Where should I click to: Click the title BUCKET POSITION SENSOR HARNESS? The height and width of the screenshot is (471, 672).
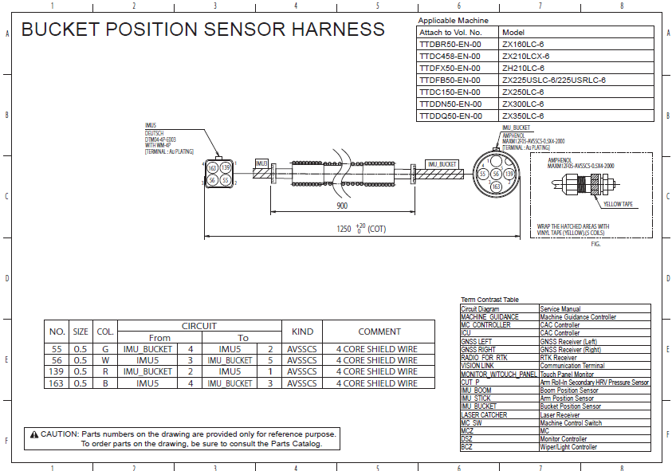(202, 30)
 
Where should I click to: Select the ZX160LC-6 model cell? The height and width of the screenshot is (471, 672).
(523, 45)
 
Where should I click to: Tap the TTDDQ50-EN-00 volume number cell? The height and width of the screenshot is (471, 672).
(450, 116)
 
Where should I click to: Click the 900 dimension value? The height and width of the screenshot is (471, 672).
(341, 206)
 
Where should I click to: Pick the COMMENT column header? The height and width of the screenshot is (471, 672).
(379, 332)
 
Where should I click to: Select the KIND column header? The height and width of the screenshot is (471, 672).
(302, 332)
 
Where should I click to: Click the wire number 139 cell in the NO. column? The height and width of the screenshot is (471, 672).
(57, 371)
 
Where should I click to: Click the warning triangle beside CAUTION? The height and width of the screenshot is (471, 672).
(34, 434)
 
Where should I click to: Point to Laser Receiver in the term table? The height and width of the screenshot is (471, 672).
(560, 414)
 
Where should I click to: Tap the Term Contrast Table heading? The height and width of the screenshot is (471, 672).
(489, 299)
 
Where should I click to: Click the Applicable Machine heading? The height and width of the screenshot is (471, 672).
(453, 20)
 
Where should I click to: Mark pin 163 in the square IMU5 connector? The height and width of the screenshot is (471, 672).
(212, 168)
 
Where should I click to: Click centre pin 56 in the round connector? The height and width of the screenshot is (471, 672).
(495, 174)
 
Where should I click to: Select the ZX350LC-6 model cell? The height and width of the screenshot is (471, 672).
(523, 116)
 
